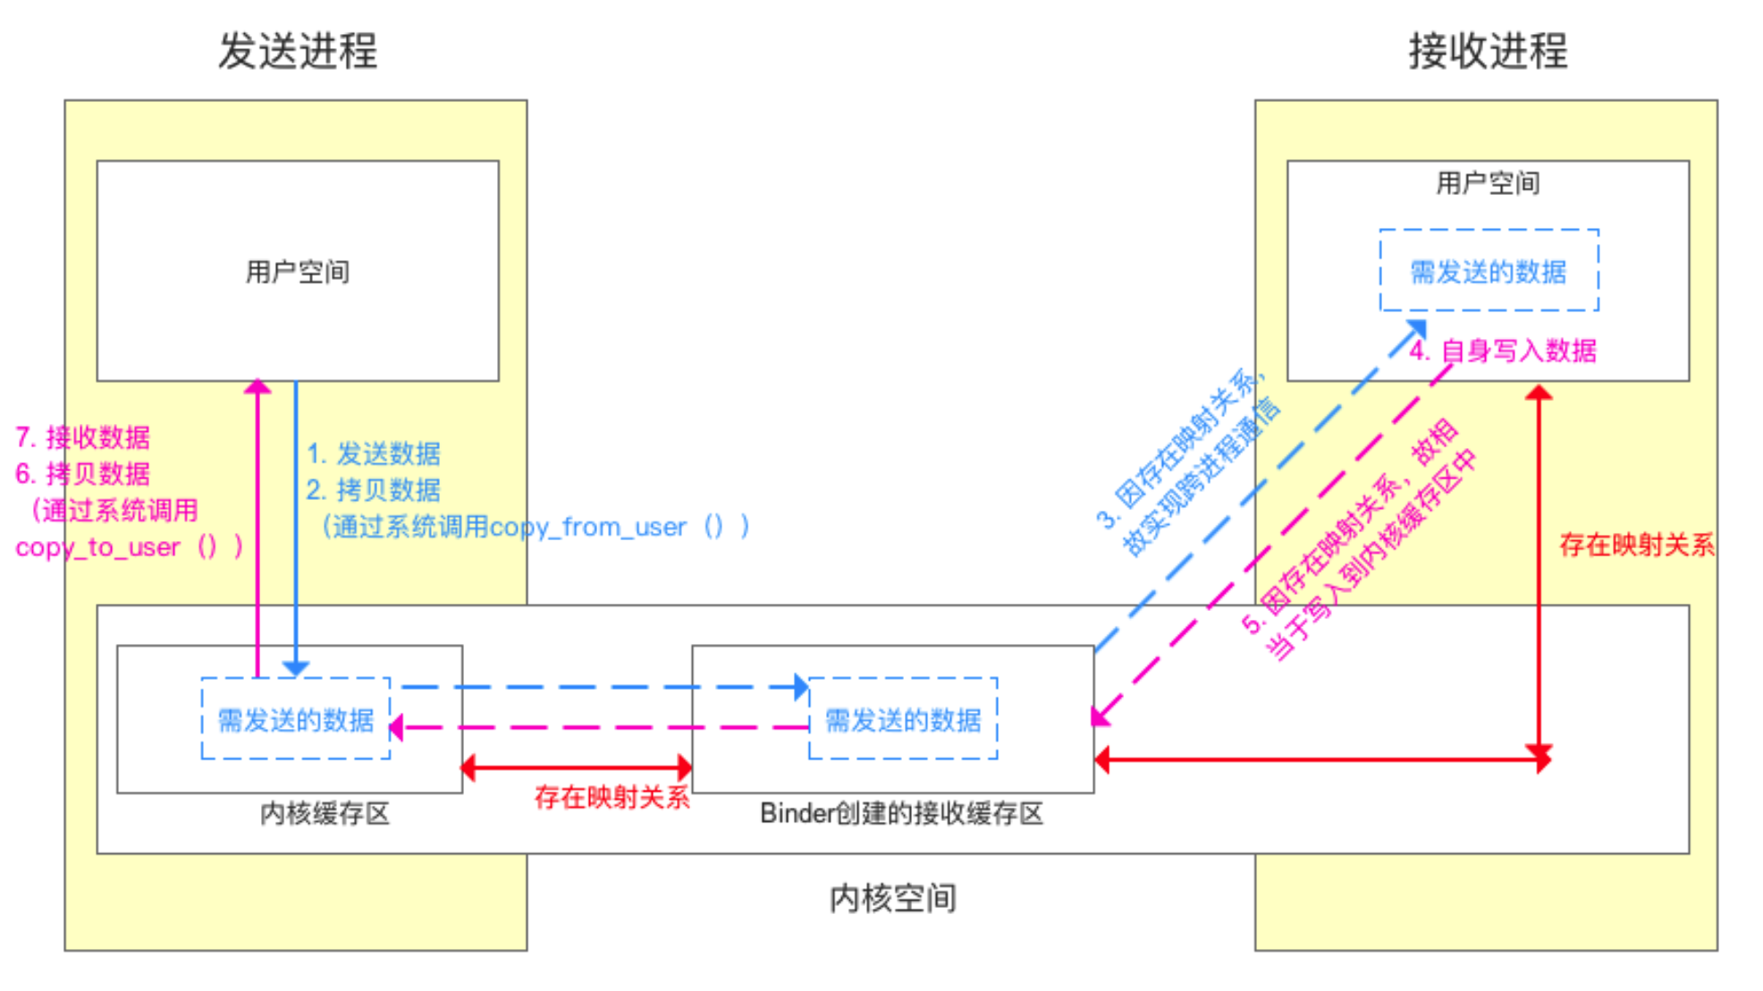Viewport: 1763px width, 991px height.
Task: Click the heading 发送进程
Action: [298, 51]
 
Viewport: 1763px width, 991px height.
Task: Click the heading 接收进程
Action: [1488, 51]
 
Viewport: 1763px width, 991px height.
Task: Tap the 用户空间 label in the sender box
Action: [298, 272]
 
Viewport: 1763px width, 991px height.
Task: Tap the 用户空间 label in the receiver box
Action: [1488, 183]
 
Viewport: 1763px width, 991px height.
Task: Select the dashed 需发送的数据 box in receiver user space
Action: [1489, 271]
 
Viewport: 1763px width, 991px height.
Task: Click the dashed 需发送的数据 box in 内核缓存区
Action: [296, 719]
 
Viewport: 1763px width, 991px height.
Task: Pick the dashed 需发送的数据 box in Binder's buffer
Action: [903, 719]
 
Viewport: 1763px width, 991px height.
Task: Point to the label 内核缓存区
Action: [325, 813]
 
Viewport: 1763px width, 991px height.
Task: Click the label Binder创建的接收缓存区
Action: [901, 813]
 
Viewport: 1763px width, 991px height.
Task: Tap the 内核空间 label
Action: [892, 898]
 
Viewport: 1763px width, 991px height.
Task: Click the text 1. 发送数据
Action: [374, 453]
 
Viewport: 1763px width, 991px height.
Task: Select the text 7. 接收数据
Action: [82, 437]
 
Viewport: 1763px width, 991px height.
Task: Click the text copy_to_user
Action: [97, 547]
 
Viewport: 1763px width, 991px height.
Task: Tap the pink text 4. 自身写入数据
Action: [1503, 351]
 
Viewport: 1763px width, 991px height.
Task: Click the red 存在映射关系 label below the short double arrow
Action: [612, 797]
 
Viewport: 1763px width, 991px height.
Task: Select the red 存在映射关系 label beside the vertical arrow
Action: [1636, 545]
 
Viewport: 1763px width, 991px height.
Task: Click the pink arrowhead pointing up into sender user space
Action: [257, 386]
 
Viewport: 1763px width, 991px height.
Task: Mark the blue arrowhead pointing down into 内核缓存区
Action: [296, 668]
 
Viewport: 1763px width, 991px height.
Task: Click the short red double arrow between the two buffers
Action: [577, 767]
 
